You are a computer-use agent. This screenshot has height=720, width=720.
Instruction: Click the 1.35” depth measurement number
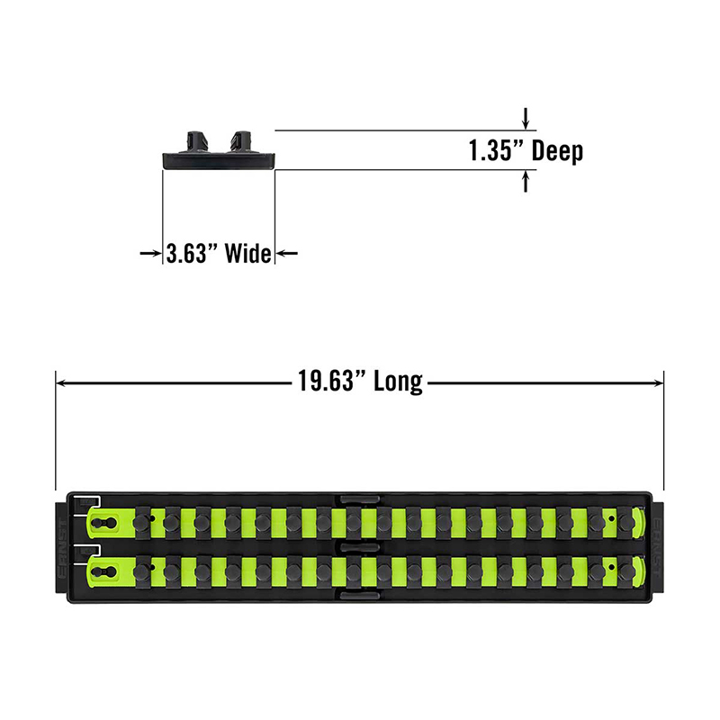[496, 150]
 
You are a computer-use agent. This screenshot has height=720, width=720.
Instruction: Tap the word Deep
[557, 151]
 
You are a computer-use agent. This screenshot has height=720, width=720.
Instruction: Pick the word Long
[398, 382]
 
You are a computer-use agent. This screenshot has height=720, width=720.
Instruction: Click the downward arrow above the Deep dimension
[526, 118]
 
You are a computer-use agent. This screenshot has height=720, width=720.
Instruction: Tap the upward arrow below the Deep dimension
[526, 182]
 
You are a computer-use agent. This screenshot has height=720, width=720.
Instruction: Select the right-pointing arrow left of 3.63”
[150, 253]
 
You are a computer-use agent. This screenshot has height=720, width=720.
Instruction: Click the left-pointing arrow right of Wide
[287, 253]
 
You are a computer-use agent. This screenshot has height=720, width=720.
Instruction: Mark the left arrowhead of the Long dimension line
[61, 382]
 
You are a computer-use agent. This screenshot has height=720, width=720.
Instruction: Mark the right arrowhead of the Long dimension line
[658, 382]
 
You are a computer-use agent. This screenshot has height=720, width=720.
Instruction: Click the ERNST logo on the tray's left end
[62, 547]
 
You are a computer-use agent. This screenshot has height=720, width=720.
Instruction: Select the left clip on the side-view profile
[195, 141]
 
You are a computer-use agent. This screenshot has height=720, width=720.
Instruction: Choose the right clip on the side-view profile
[239, 141]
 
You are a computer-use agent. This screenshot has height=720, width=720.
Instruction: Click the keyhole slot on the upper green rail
[104, 523]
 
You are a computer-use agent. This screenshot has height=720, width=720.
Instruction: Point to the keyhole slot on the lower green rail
[104, 571]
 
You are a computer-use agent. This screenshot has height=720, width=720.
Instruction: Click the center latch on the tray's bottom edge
[360, 596]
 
